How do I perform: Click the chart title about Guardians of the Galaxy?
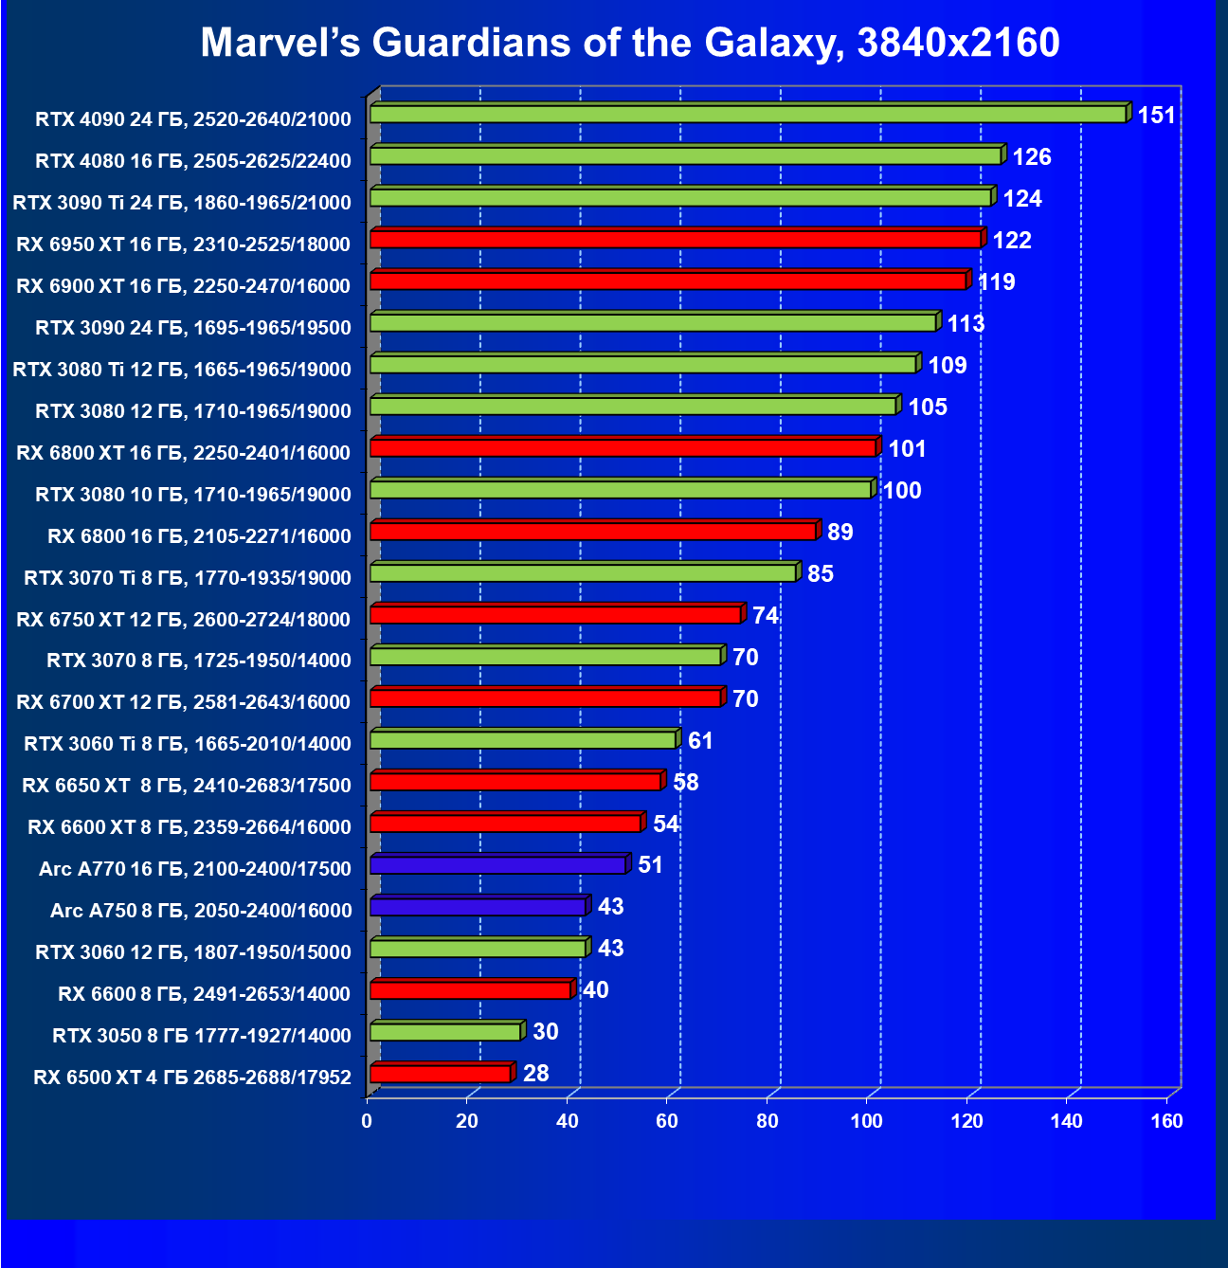click(630, 43)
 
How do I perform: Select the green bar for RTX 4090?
click(748, 114)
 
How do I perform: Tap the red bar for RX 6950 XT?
click(675, 239)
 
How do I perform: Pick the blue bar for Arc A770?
click(497, 864)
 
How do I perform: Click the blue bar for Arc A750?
click(478, 907)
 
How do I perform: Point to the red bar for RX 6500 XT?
click(440, 1073)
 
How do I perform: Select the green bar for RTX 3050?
click(445, 1031)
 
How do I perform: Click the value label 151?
click(1156, 116)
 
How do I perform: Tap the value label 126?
click(1032, 157)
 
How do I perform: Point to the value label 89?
click(840, 533)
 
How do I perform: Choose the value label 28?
click(535, 1074)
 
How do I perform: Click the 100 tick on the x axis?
click(867, 1122)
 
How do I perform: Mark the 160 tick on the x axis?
click(1166, 1122)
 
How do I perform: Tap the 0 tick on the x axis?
click(368, 1122)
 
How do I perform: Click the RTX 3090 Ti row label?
click(182, 202)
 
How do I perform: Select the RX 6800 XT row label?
click(184, 453)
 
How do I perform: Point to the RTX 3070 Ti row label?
click(188, 578)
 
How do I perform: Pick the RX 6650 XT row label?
click(187, 786)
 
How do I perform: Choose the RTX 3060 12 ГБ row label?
click(193, 952)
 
